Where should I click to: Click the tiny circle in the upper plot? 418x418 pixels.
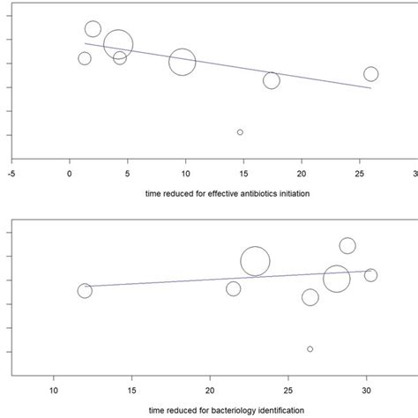(x=240, y=132)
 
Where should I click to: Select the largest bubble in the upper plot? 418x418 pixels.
(x=117, y=43)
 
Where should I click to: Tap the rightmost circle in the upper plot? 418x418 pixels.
(x=370, y=74)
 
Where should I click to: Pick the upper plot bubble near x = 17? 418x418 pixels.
(x=272, y=80)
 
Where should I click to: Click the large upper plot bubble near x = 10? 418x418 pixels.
(x=182, y=62)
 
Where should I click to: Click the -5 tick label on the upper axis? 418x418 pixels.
(x=11, y=174)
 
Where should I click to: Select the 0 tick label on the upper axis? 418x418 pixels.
(x=70, y=174)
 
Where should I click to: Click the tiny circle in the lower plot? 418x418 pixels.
(x=310, y=349)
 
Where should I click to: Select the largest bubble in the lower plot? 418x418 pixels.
(x=255, y=261)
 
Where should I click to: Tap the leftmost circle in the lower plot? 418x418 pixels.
(x=85, y=291)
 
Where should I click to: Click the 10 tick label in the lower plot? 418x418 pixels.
(x=54, y=390)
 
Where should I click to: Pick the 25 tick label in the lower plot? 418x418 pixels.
(x=288, y=390)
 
